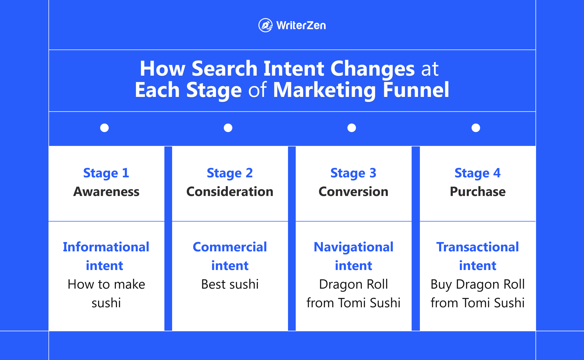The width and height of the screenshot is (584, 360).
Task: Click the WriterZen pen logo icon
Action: point(265,25)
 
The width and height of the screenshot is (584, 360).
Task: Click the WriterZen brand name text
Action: point(301,26)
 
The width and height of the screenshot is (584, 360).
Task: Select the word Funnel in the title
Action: point(416,90)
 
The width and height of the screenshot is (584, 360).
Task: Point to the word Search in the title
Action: point(224,68)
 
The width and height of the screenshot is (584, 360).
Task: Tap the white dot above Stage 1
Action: point(104,128)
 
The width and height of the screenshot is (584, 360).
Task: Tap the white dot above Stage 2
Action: point(228,128)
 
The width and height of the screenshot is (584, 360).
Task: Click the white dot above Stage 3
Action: point(352,128)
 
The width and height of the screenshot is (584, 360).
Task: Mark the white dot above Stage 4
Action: point(476,128)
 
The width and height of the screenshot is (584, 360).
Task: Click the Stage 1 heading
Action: point(106,173)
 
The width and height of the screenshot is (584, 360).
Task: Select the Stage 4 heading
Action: point(478,173)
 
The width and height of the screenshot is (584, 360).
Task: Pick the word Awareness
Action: point(106,191)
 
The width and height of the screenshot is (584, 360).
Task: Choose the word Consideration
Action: point(230,191)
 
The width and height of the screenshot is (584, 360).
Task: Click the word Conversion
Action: point(354,191)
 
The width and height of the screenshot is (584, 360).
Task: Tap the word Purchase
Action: point(478,191)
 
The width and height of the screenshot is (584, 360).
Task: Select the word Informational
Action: point(106,247)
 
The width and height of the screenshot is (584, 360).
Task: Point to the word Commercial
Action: point(230,247)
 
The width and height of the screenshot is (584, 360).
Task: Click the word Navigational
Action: point(354,247)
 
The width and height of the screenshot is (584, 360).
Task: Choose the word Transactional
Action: point(478,247)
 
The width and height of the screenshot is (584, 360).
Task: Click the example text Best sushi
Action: point(230,284)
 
